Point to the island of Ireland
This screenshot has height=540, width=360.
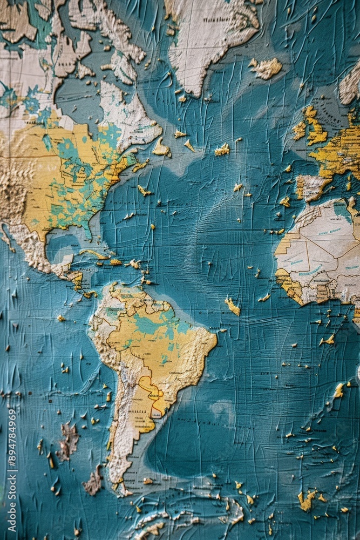[x=300, y=130]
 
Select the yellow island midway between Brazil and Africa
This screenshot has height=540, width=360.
[x=233, y=306]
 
